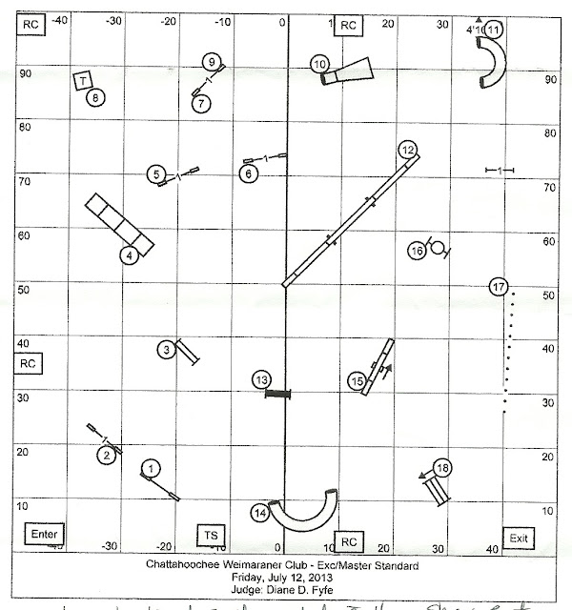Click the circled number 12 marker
pyautogui.click(x=407, y=149)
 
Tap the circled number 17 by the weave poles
pyautogui.click(x=497, y=287)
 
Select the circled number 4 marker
pyautogui.click(x=127, y=255)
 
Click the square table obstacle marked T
pyautogui.click(x=83, y=80)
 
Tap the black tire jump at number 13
pyautogui.click(x=276, y=394)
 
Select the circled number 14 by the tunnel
pyautogui.click(x=259, y=513)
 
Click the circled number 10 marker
pyautogui.click(x=319, y=64)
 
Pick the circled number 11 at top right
pyautogui.click(x=493, y=30)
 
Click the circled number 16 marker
pyautogui.click(x=417, y=251)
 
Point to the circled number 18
pyautogui.click(x=441, y=468)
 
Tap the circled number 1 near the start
pyautogui.click(x=150, y=467)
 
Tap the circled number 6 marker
pyautogui.click(x=248, y=174)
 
